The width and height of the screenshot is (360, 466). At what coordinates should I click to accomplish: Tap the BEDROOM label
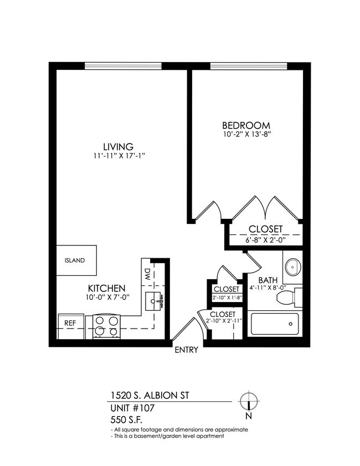tap(246, 125)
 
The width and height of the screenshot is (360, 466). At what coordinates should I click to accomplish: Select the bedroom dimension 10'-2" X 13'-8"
tap(246, 134)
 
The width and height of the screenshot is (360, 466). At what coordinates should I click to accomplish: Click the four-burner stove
tap(106, 325)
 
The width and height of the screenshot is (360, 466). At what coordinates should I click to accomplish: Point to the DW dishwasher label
tap(148, 273)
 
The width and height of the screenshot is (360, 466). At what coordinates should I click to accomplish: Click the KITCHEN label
tap(106, 289)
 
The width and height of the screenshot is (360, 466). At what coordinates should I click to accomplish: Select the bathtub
tap(274, 324)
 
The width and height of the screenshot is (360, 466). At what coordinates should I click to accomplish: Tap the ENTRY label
tap(186, 350)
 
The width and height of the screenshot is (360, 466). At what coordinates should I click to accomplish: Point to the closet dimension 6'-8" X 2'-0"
tap(265, 239)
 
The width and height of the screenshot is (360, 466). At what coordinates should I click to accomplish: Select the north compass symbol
tap(249, 401)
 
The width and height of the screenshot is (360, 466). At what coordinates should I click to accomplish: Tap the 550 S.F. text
tap(124, 420)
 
